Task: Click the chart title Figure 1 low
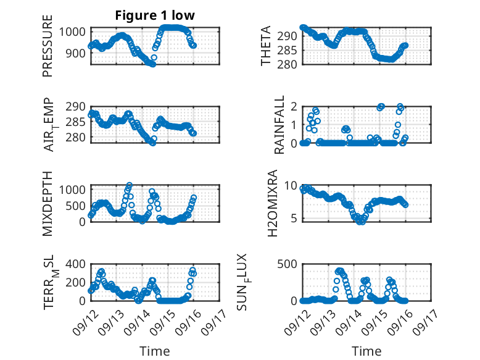pos(155,15)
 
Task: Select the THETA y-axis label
pos(266,46)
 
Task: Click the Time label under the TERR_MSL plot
pos(155,351)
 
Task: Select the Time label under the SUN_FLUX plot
pos(366,351)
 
